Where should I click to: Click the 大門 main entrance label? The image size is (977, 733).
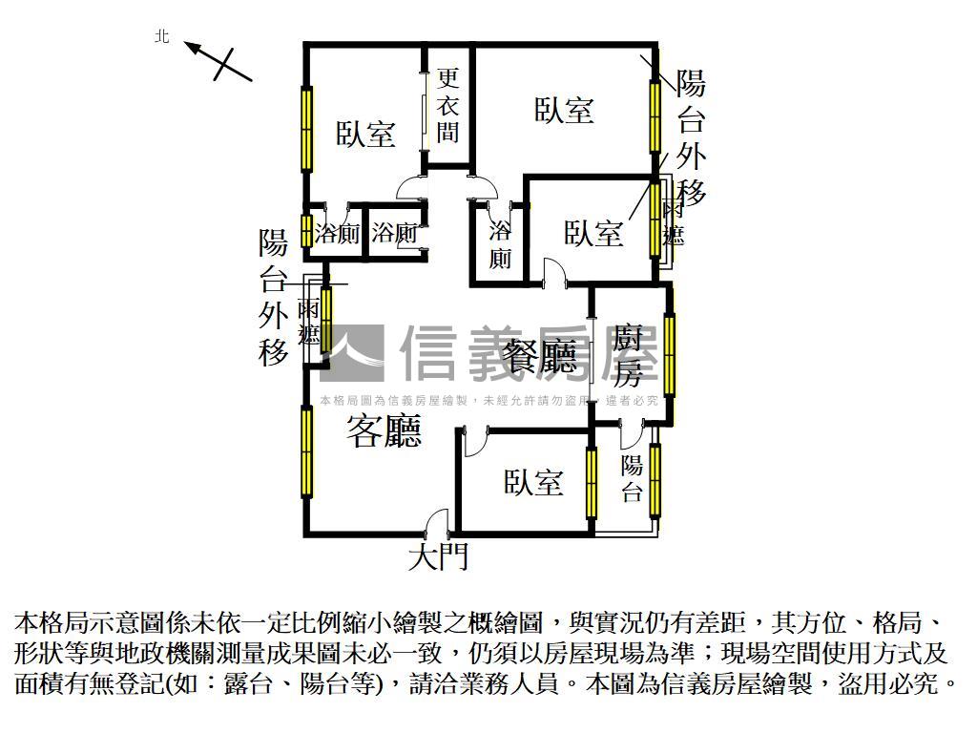point(438,556)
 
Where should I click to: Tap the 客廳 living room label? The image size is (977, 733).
point(384,431)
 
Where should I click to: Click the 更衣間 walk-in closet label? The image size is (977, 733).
point(447,105)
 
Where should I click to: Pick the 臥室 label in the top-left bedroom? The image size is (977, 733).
point(365,134)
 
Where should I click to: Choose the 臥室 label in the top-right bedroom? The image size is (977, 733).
point(564,110)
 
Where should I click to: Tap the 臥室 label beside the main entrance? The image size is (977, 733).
point(533,482)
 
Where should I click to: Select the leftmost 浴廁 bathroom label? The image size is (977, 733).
point(337,234)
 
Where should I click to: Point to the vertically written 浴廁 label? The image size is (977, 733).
point(500,245)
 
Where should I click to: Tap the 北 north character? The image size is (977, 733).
point(162,37)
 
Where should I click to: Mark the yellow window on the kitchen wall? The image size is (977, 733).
point(669,355)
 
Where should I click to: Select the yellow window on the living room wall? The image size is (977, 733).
point(306,451)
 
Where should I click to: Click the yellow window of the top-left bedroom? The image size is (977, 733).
point(306,129)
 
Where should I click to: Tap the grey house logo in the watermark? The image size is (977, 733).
point(352,353)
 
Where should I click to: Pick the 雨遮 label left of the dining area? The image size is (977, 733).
point(308,323)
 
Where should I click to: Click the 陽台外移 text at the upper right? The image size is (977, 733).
point(691,137)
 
